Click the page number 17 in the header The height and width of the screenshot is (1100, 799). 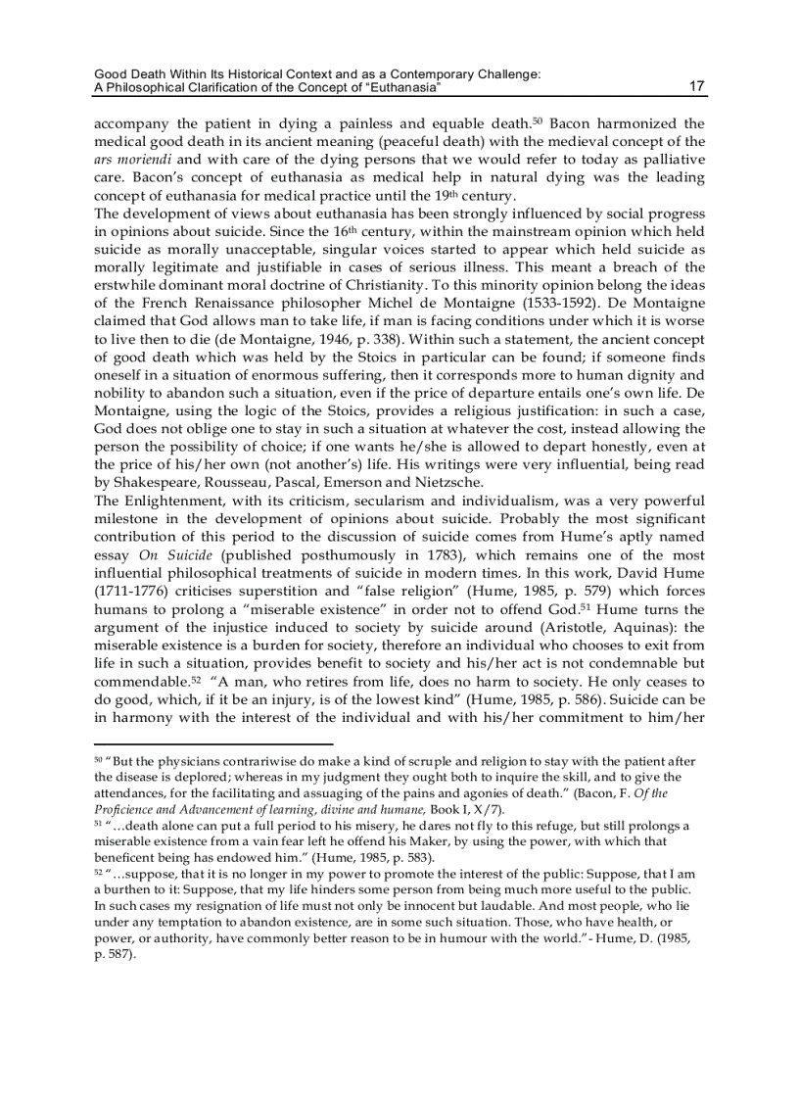coord(696,87)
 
